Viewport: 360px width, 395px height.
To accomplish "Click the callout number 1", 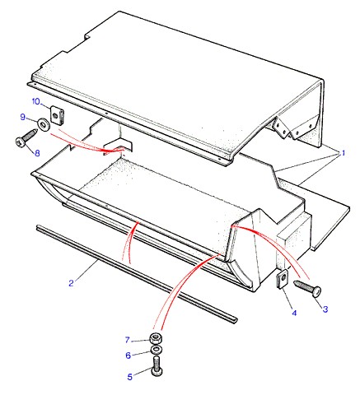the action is click(343, 153).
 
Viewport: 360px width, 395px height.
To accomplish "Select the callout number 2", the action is click(72, 283).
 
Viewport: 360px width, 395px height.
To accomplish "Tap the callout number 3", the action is click(325, 309).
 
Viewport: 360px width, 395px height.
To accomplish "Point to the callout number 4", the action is click(294, 313).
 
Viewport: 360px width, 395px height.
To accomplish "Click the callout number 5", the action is click(130, 377).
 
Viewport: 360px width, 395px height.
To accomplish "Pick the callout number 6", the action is click(129, 355).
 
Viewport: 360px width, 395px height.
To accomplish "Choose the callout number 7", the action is click(127, 340).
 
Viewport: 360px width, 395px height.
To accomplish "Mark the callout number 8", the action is click(37, 153).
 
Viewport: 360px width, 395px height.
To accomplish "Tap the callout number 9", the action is click(23, 117).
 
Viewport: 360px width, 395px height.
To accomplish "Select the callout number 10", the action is click(36, 101).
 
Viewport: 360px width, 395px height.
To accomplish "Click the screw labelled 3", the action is click(308, 288).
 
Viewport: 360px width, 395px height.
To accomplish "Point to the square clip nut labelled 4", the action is click(282, 279).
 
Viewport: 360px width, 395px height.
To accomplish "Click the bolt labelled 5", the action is click(157, 365).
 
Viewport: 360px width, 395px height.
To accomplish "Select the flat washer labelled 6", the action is click(157, 350).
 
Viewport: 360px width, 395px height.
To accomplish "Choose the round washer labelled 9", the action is click(43, 124).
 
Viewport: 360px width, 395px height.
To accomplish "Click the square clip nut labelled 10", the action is click(57, 116).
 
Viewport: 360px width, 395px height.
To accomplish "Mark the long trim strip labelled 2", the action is click(137, 273).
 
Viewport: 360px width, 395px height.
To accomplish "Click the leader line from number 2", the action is click(86, 270).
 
